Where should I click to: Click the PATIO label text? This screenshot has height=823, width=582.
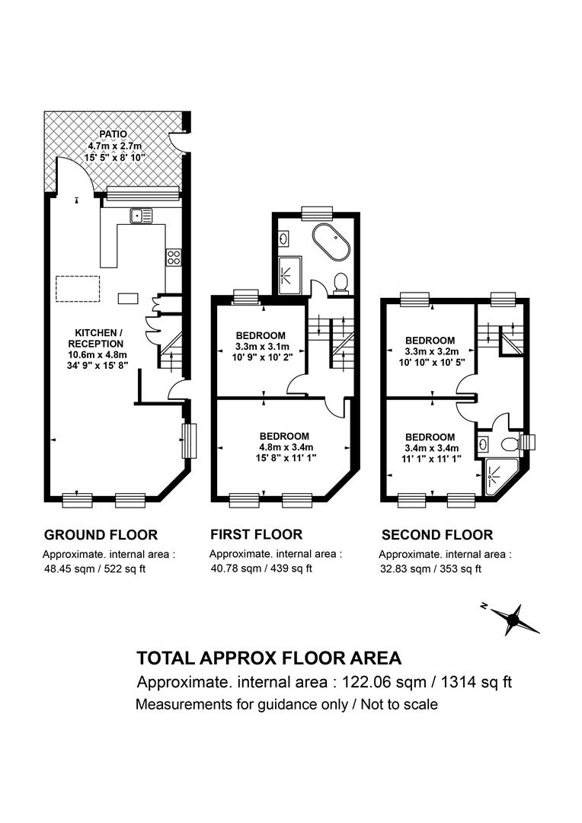112,134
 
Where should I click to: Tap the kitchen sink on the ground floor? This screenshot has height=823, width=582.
141,216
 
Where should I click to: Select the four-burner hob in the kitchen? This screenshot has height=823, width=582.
174,258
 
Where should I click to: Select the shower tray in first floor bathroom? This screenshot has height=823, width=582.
290,275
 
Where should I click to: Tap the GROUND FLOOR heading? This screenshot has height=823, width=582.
101,535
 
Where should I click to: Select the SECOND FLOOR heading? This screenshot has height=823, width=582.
437,535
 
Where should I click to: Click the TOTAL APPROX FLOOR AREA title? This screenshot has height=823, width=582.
268,658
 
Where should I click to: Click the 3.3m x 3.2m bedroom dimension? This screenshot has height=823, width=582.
430,352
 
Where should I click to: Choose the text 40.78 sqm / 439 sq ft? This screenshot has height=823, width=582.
261,568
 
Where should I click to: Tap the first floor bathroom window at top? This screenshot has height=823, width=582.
317,213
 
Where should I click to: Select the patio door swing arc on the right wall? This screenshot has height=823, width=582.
177,142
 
